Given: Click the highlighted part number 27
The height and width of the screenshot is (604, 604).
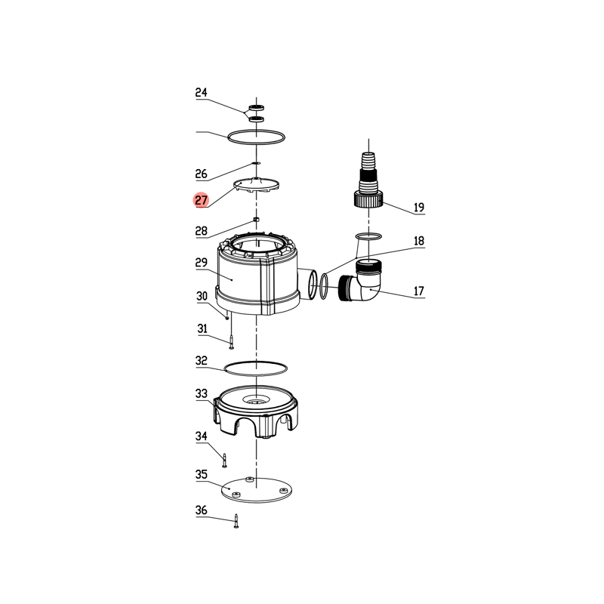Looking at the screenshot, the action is point(201,200).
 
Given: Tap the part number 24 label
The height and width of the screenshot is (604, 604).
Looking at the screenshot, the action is point(201,92).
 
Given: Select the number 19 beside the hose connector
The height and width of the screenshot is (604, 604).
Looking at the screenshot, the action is point(419,207).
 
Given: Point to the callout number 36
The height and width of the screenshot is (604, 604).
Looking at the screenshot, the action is point(201,510).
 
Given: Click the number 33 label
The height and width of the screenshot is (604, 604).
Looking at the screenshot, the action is point(201,393).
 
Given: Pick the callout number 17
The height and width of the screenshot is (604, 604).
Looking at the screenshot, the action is point(419,291).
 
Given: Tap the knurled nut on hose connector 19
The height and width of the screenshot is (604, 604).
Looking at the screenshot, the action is point(368,199).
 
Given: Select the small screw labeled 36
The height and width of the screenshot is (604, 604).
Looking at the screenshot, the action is point(236,521).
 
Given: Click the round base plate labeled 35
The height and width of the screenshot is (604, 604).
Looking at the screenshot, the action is point(257,489).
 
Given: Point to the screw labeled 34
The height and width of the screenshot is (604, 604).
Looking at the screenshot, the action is point(225,461).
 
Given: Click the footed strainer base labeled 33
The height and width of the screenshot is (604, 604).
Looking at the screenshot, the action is point(256,411).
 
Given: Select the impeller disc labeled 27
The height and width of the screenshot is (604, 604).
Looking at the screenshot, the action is point(256,184).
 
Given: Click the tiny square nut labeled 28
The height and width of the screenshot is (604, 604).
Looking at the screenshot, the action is point(256,220).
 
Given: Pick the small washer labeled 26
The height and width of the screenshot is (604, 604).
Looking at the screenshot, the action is point(256,163).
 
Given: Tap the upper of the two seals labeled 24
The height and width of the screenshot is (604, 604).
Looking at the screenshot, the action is point(256,107).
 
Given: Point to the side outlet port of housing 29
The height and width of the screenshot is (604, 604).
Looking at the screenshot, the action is point(308,284).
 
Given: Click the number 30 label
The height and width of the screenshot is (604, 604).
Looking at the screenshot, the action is point(202,296).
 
